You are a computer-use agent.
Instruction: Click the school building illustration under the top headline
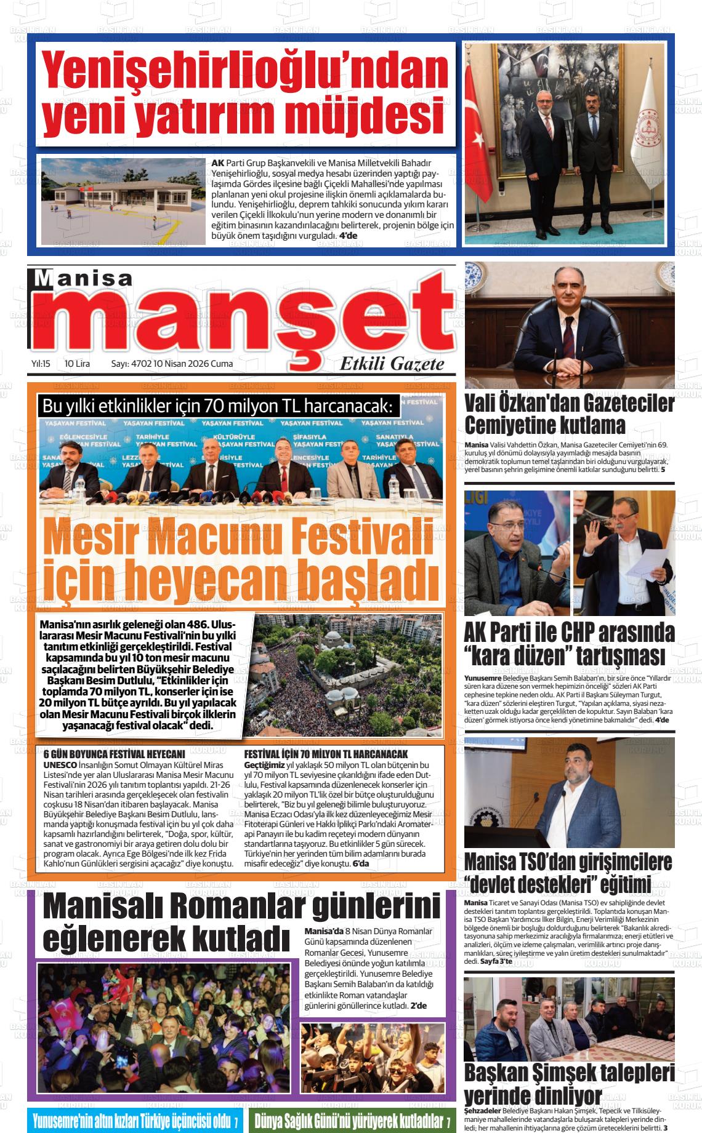coord(123,201)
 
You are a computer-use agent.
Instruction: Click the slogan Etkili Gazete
coord(392,364)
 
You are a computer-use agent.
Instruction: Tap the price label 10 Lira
coord(77,364)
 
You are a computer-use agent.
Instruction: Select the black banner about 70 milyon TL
coord(218,407)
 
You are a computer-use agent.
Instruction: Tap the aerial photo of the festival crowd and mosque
coord(348,675)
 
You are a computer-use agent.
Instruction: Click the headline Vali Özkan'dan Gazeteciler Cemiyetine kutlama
coord(569,414)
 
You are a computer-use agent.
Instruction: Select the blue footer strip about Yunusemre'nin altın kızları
coord(135,1119)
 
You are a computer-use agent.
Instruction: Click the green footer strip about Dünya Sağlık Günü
coord(352,1119)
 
